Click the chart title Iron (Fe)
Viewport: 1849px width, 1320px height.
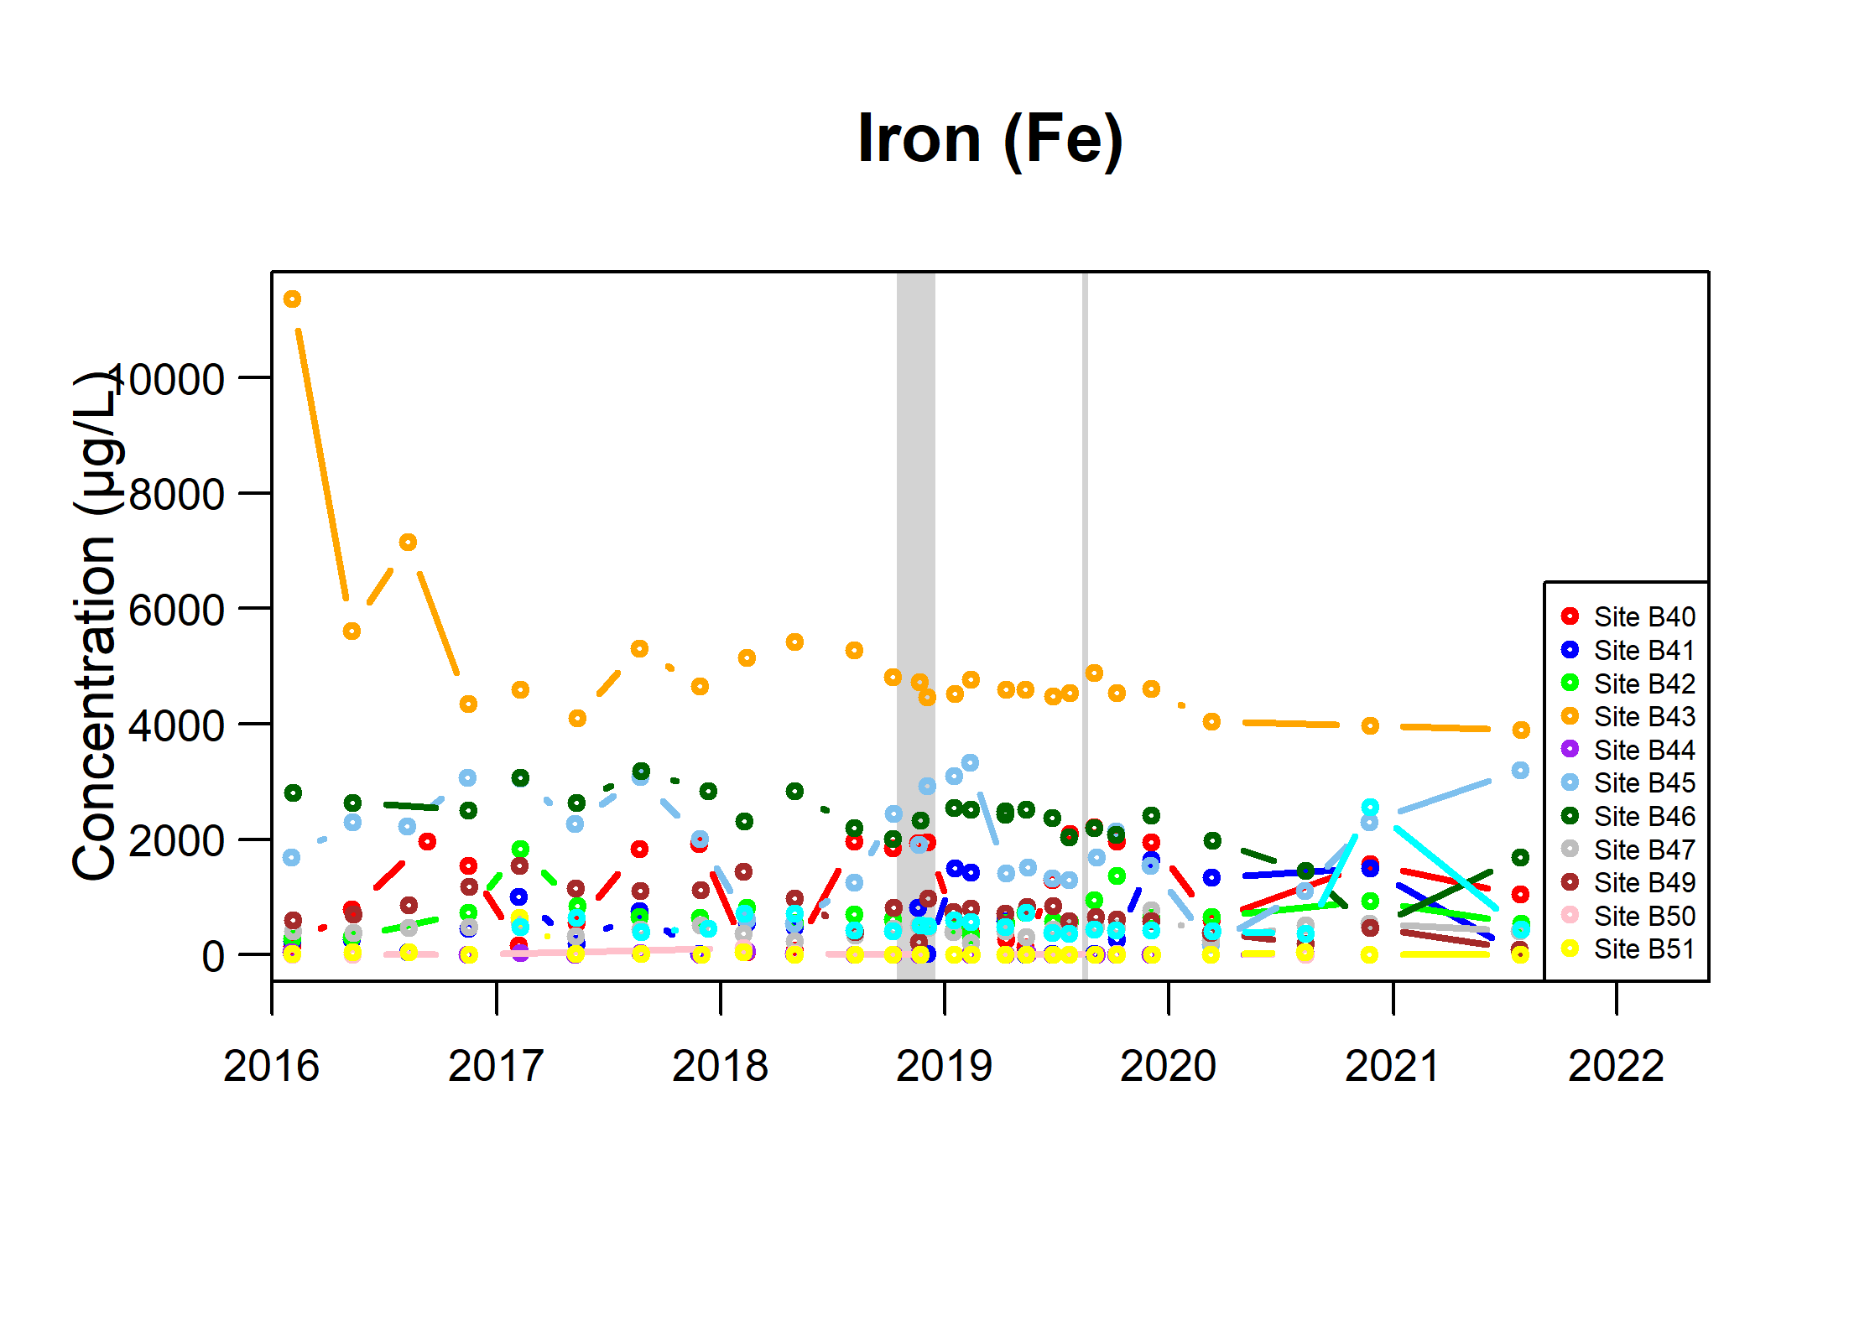click(990, 139)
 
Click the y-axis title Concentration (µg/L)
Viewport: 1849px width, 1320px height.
click(94, 625)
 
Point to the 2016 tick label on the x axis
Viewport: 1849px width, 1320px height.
click(271, 1067)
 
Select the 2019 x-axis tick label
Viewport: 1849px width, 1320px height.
click(944, 1067)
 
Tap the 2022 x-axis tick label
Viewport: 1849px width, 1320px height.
click(1616, 1067)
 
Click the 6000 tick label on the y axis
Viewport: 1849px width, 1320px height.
click(176, 611)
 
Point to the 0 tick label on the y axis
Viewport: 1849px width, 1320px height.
click(213, 957)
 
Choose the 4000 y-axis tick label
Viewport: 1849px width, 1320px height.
click(176, 726)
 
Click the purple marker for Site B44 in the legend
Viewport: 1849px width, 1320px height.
click(1570, 749)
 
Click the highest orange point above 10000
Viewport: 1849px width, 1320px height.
click(292, 299)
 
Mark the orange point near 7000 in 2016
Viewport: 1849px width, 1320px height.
click(408, 543)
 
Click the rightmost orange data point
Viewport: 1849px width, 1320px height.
click(1521, 730)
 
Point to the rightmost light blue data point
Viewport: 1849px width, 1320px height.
click(1520, 771)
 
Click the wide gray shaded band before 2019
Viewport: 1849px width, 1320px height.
click(915, 625)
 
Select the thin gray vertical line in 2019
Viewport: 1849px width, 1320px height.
click(1085, 625)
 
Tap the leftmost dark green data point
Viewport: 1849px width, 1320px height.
click(293, 793)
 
